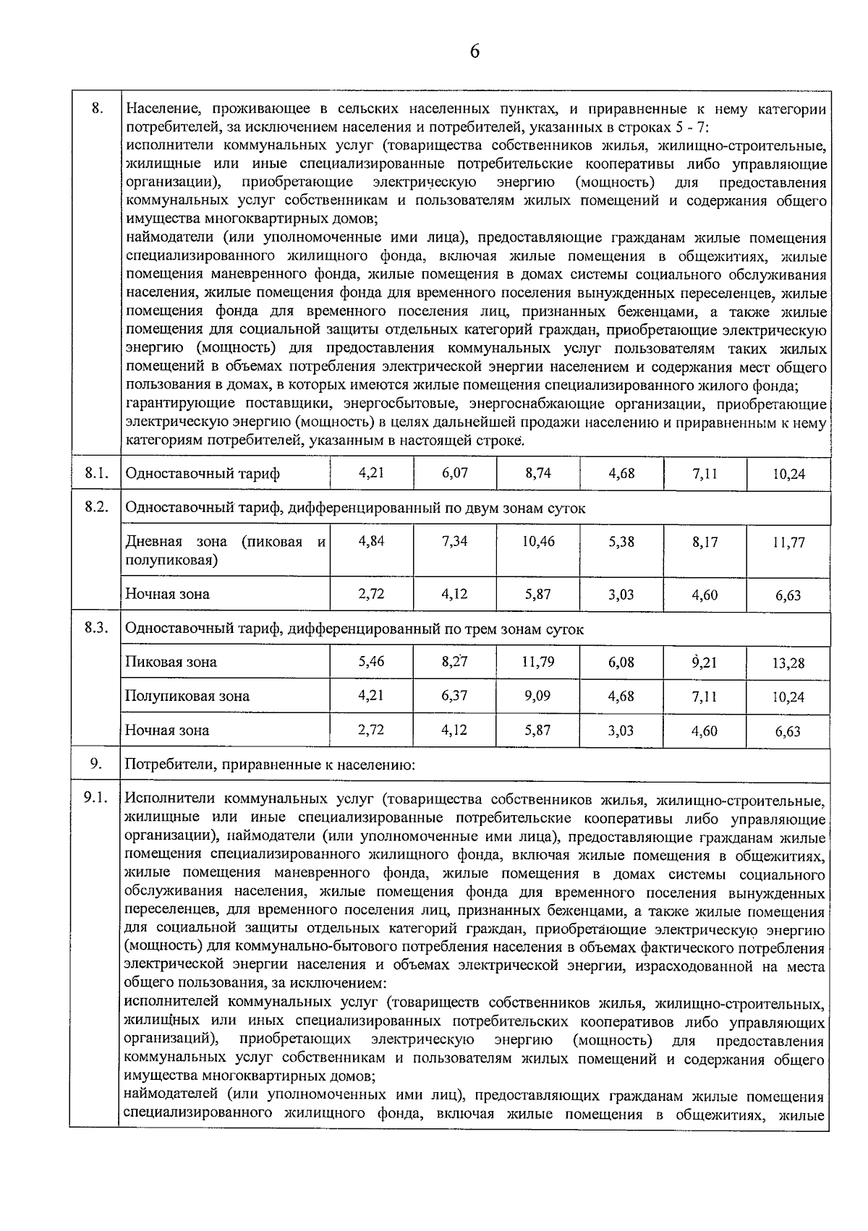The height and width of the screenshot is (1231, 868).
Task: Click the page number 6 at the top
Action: [475, 51]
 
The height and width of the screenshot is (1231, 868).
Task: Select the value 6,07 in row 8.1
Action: [454, 473]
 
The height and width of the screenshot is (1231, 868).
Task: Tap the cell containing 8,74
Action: [537, 473]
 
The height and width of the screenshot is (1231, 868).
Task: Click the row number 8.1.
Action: [95, 473]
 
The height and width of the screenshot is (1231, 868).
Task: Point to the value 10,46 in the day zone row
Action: [537, 541]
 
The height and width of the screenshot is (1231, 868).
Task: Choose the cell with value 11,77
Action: [788, 542]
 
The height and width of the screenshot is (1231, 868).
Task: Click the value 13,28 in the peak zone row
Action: [788, 663]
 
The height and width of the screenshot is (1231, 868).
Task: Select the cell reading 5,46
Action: [371, 661]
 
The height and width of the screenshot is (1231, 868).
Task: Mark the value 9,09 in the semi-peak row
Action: [537, 696]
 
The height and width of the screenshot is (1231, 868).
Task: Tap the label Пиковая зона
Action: [171, 662]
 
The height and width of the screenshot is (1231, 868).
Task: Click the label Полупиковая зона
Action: [187, 697]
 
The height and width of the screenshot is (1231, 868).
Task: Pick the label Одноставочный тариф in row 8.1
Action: [203, 474]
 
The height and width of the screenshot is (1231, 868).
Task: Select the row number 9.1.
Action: [95, 798]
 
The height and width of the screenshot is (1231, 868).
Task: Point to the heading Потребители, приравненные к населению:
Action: [270, 764]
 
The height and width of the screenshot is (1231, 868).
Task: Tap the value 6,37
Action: [454, 696]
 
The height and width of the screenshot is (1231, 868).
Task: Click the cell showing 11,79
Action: [537, 661]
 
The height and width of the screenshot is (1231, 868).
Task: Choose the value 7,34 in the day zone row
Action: [454, 541]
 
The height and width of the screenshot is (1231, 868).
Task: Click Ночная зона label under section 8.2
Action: [167, 595]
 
